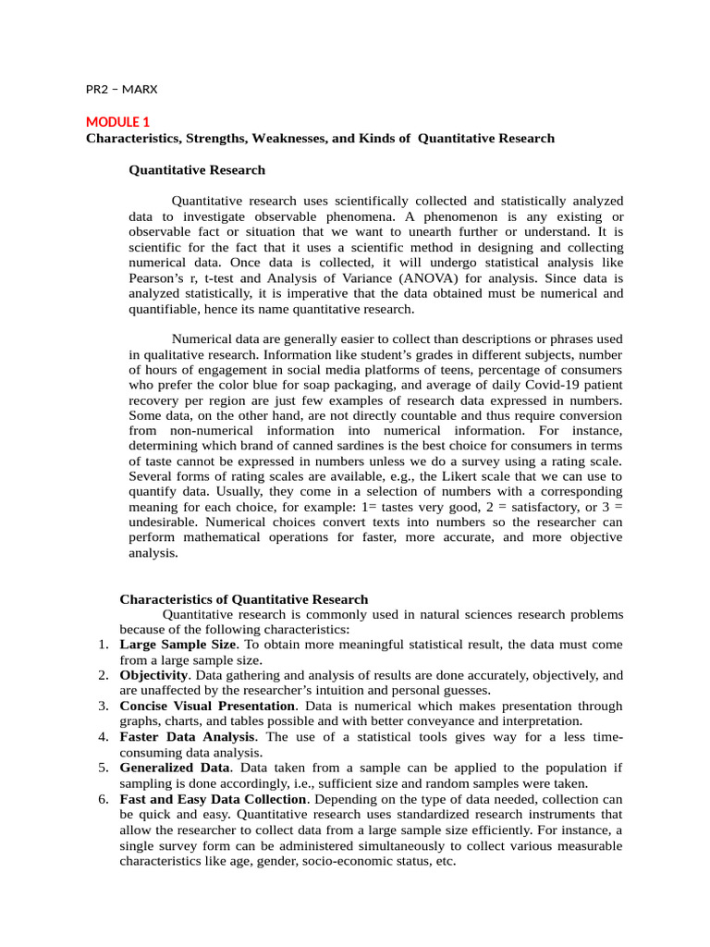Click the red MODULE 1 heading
click(117, 122)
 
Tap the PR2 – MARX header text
click(122, 90)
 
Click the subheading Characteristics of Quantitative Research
click(243, 599)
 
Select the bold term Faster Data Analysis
click(187, 737)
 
